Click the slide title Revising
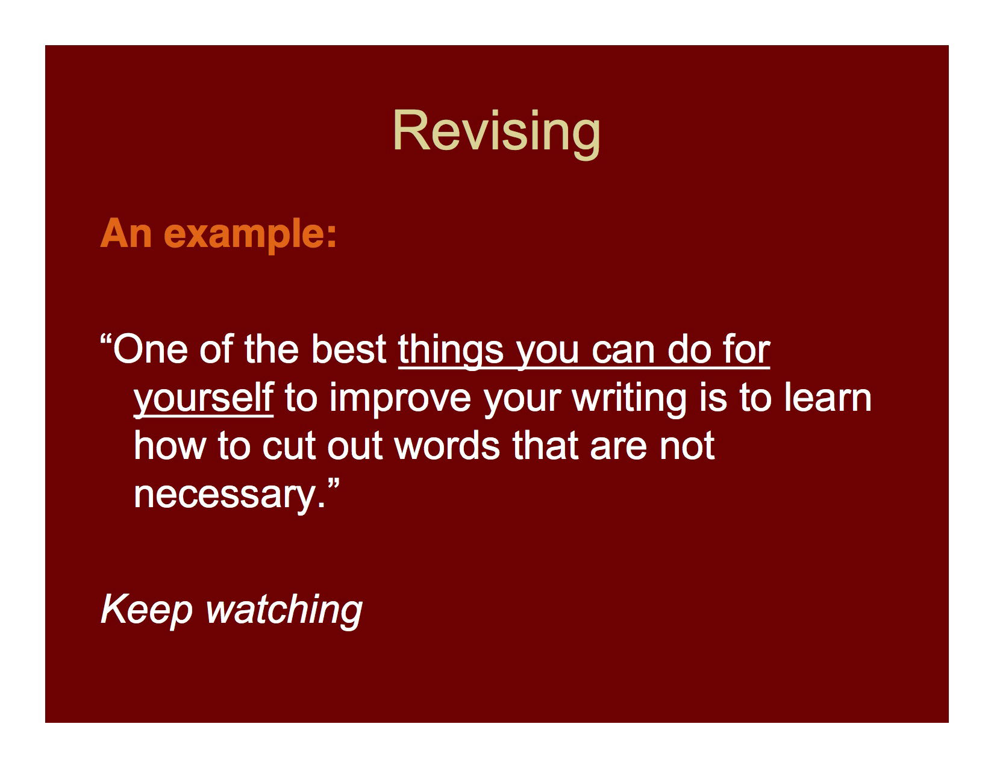tap(496, 131)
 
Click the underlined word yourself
tap(203, 399)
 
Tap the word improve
tap(400, 399)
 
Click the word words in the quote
tap(446, 446)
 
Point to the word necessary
tap(230, 495)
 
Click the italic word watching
tap(284, 610)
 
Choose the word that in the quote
tap(546, 446)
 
